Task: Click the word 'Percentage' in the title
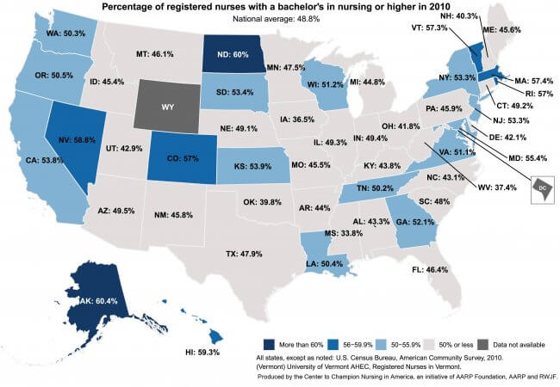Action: [x=130, y=6]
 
